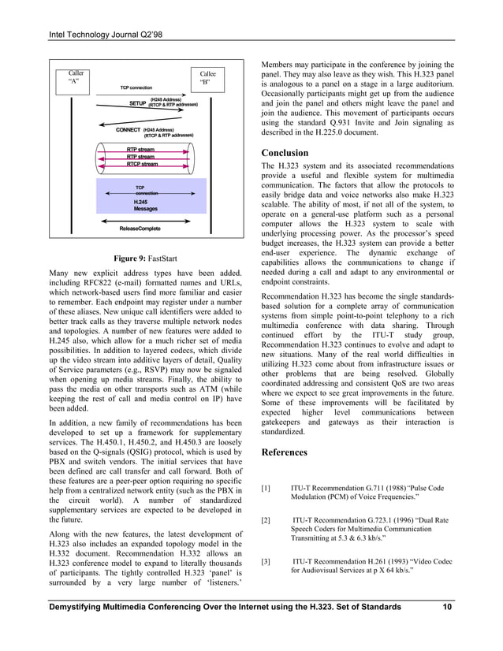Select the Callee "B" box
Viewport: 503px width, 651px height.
[x=207, y=77]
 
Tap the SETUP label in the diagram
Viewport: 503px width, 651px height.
[x=137, y=103]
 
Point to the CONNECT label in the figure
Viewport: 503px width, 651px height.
[x=128, y=129]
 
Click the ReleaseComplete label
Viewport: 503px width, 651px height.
[x=140, y=229]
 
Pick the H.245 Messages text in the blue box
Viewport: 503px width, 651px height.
[x=145, y=205]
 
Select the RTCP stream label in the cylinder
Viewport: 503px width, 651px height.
[x=142, y=165]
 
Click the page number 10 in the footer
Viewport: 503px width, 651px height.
[x=447, y=606]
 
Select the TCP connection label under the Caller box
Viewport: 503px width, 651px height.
[x=136, y=87]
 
